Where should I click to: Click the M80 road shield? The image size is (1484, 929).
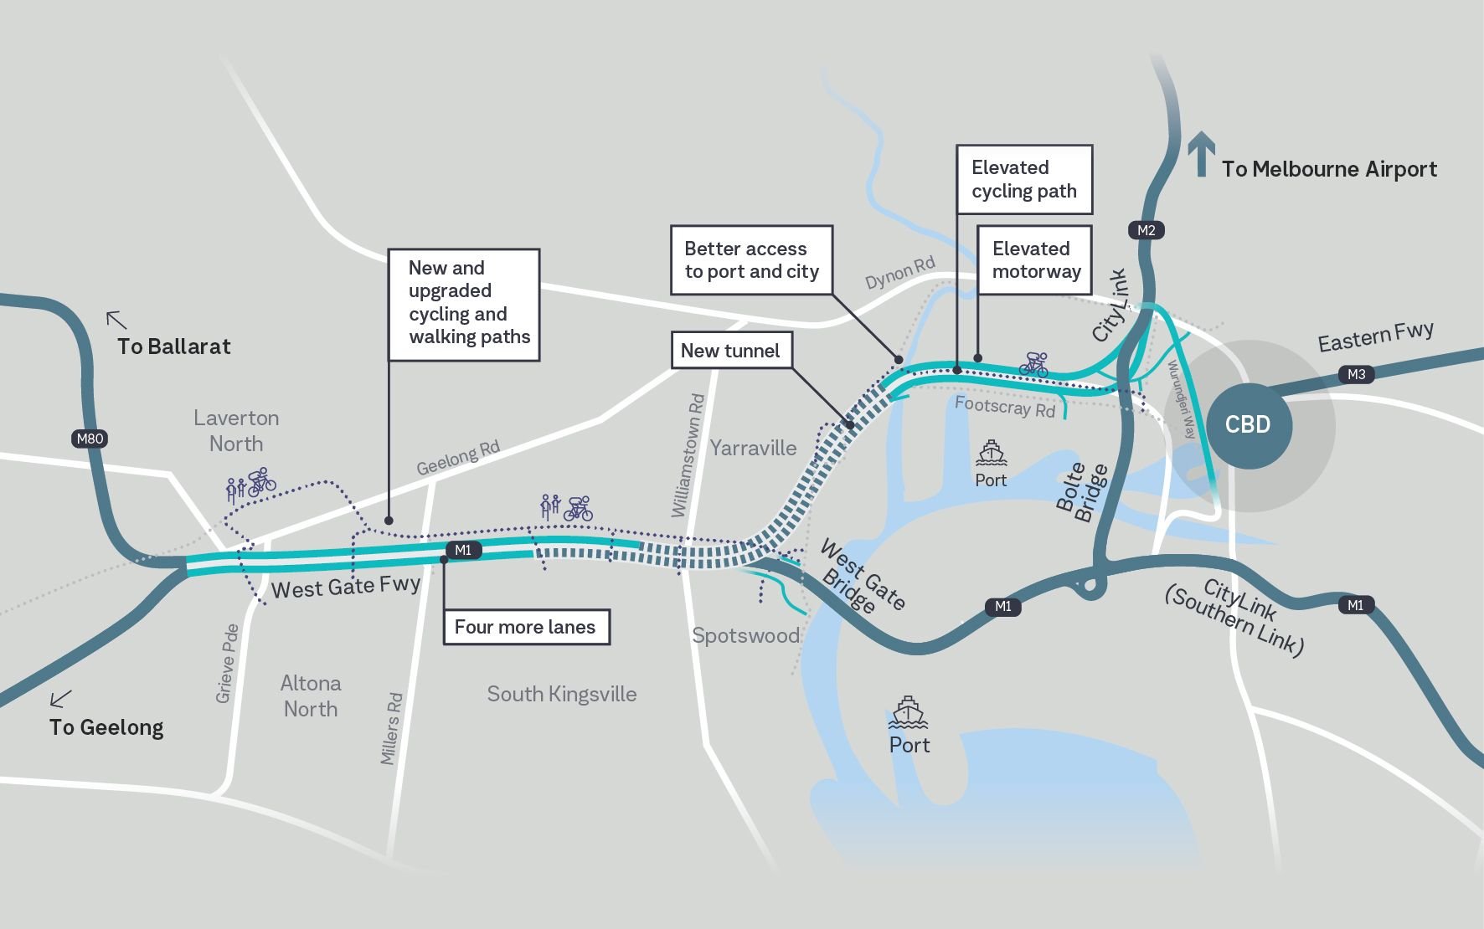tap(90, 439)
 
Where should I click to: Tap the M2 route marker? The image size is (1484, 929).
tap(1146, 230)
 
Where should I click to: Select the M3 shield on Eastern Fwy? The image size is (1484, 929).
tap(1356, 374)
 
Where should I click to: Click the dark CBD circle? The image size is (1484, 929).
tap(1248, 424)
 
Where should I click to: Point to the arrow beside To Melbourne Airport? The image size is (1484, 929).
tap(1202, 154)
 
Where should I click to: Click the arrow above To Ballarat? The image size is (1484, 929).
tap(116, 320)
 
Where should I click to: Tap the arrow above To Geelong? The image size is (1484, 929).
tap(60, 697)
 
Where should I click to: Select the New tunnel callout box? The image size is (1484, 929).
tap(731, 351)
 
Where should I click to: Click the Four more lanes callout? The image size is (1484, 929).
tap(525, 627)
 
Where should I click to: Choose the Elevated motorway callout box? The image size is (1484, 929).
tap(1035, 259)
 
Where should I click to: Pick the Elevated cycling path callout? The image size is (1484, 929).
tap(1024, 179)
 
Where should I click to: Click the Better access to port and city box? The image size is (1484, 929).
tap(751, 259)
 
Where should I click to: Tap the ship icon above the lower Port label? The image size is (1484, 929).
tap(908, 712)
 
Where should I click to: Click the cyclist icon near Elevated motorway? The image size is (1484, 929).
tap(1033, 364)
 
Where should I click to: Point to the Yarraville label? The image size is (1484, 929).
tap(753, 448)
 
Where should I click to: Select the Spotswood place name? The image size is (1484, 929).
tap(745, 635)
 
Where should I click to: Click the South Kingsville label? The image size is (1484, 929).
tap(562, 694)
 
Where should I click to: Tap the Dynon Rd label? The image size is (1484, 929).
tap(899, 273)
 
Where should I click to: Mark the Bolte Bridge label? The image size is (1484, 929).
tap(1081, 493)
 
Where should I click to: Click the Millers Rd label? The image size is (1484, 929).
tap(391, 728)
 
